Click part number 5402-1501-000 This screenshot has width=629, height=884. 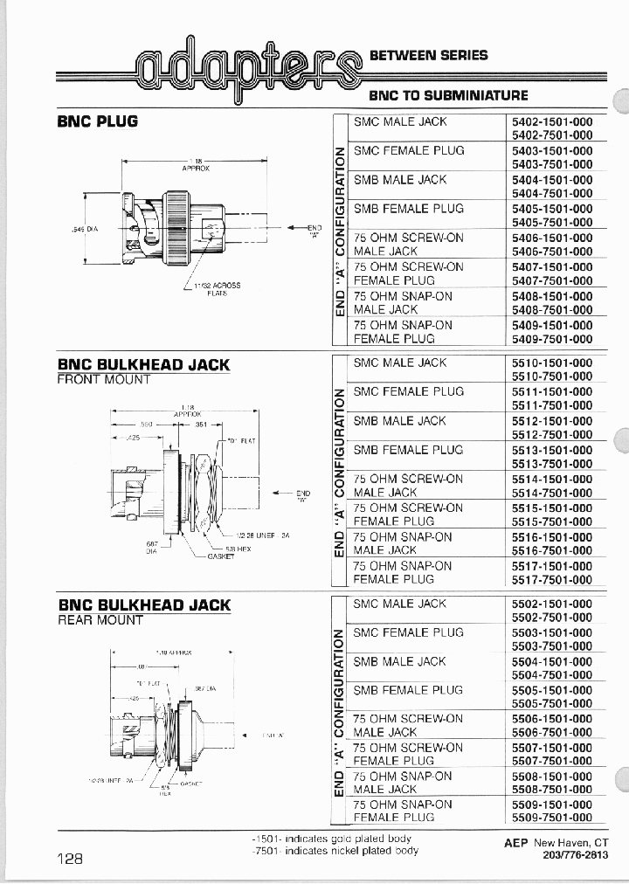[551, 122]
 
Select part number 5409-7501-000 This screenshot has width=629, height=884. [551, 339]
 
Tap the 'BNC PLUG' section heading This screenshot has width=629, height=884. [98, 121]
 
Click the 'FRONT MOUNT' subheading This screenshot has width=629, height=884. [104, 380]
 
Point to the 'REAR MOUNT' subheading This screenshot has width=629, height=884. [100, 620]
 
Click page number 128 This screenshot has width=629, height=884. [70, 859]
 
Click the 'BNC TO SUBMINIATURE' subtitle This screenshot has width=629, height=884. [448, 95]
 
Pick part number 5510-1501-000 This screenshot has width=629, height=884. [551, 363]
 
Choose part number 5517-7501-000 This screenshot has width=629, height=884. [551, 580]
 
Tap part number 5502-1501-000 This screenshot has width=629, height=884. [551, 604]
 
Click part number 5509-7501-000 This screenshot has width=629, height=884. [551, 818]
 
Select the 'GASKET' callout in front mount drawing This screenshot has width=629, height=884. [222, 556]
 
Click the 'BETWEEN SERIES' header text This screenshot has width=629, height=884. [429, 55]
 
